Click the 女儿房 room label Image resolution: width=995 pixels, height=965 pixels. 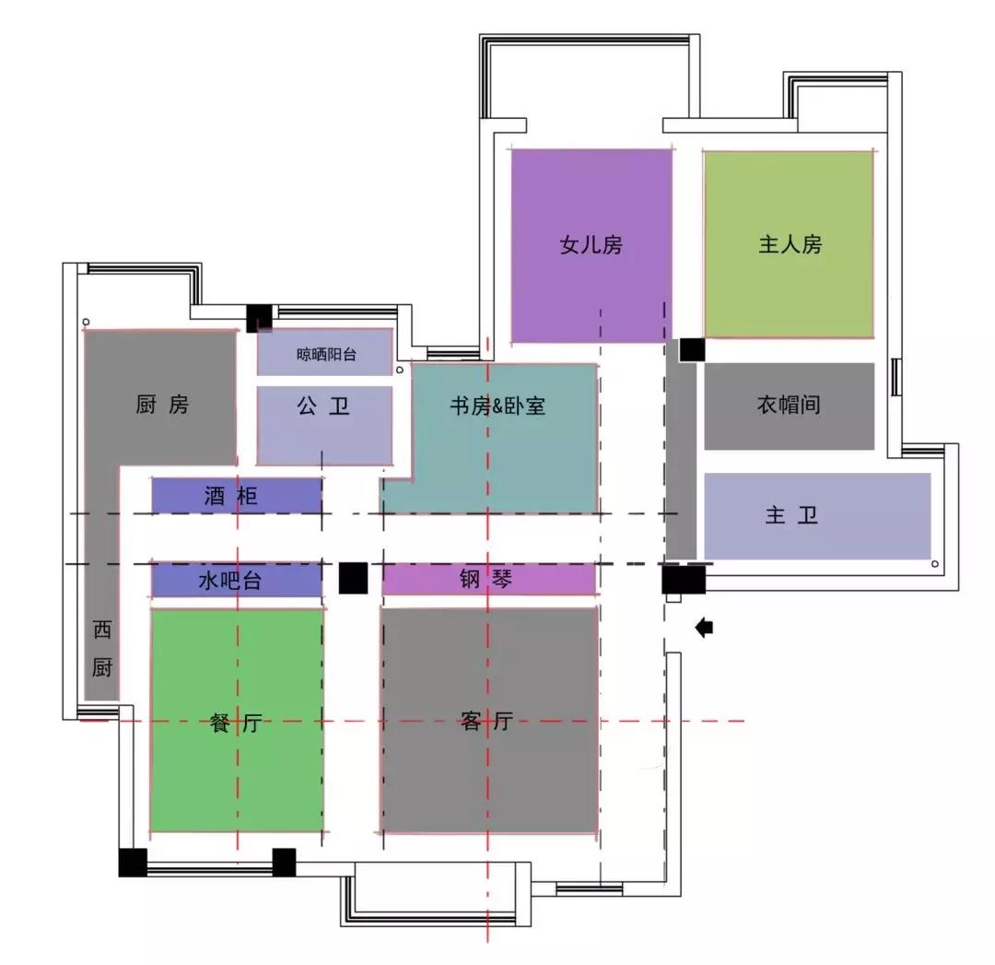pos(591,244)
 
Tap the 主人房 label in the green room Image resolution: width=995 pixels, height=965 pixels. pos(790,244)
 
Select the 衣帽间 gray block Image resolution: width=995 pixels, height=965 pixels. pos(790,406)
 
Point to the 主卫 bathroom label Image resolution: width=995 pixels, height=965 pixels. pos(791,515)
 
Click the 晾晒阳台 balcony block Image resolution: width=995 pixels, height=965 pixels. pos(325,352)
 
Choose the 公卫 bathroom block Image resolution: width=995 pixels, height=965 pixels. pos(325,426)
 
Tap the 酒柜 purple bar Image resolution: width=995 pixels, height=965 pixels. pos(237,495)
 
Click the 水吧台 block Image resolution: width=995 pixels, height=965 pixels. pos(237,580)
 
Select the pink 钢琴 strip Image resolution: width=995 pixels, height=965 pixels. pos(488,579)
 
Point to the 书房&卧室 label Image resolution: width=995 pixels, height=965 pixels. pos(497,406)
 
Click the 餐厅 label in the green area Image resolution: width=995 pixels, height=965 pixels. pos(236,723)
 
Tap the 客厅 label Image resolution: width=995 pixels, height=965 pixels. pos(486,721)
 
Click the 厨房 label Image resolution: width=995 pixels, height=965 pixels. pos(162,405)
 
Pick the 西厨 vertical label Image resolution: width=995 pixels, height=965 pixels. pos(102,648)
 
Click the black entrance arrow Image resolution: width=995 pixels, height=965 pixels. pos(705,628)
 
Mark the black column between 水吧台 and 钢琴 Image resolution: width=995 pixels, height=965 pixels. pos(354,579)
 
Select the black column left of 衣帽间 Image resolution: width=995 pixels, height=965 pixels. pos(692,350)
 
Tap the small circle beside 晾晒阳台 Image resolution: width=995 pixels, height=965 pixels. pos(400,371)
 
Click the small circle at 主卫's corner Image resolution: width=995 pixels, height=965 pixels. pos(935,564)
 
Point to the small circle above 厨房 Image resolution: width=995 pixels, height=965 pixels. pos(87,323)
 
